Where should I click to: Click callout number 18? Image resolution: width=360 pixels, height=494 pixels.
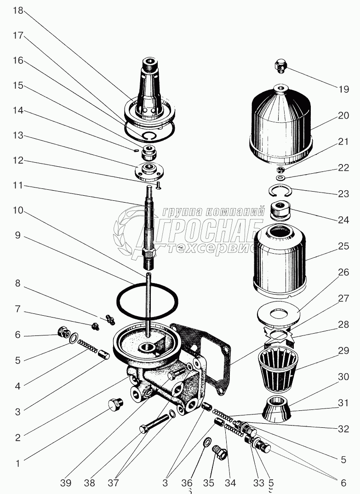click(17, 11)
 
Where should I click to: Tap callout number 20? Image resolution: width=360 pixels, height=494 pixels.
click(343, 116)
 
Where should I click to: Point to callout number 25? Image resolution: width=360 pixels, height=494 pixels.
click(343, 246)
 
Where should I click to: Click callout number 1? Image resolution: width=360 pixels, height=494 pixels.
click(17, 464)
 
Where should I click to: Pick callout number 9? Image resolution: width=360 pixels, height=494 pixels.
click(17, 236)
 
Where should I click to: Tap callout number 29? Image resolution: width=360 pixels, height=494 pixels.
click(343, 350)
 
